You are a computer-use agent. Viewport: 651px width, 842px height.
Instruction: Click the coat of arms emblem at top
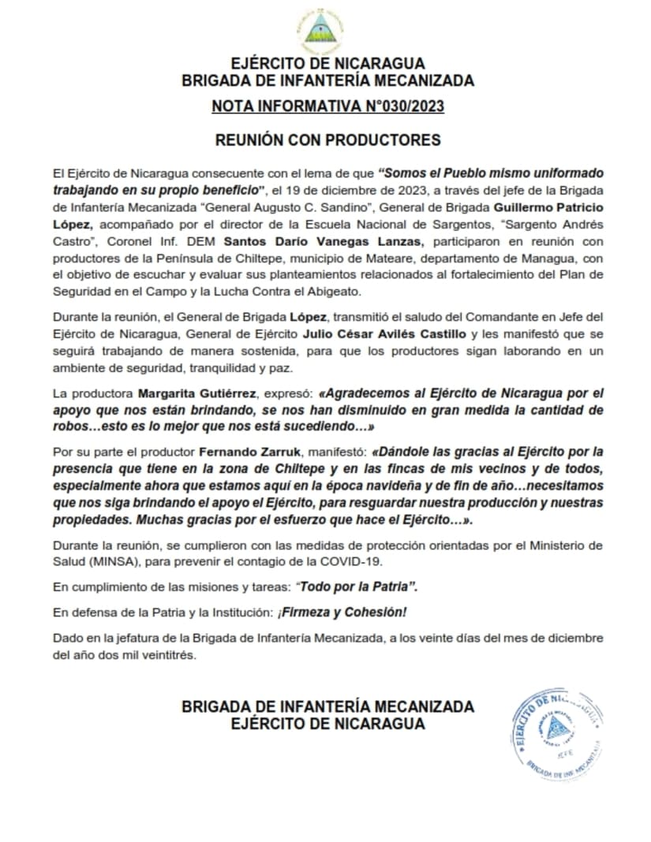(325, 30)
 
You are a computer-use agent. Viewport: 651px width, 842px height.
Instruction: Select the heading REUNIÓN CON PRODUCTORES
(327, 140)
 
